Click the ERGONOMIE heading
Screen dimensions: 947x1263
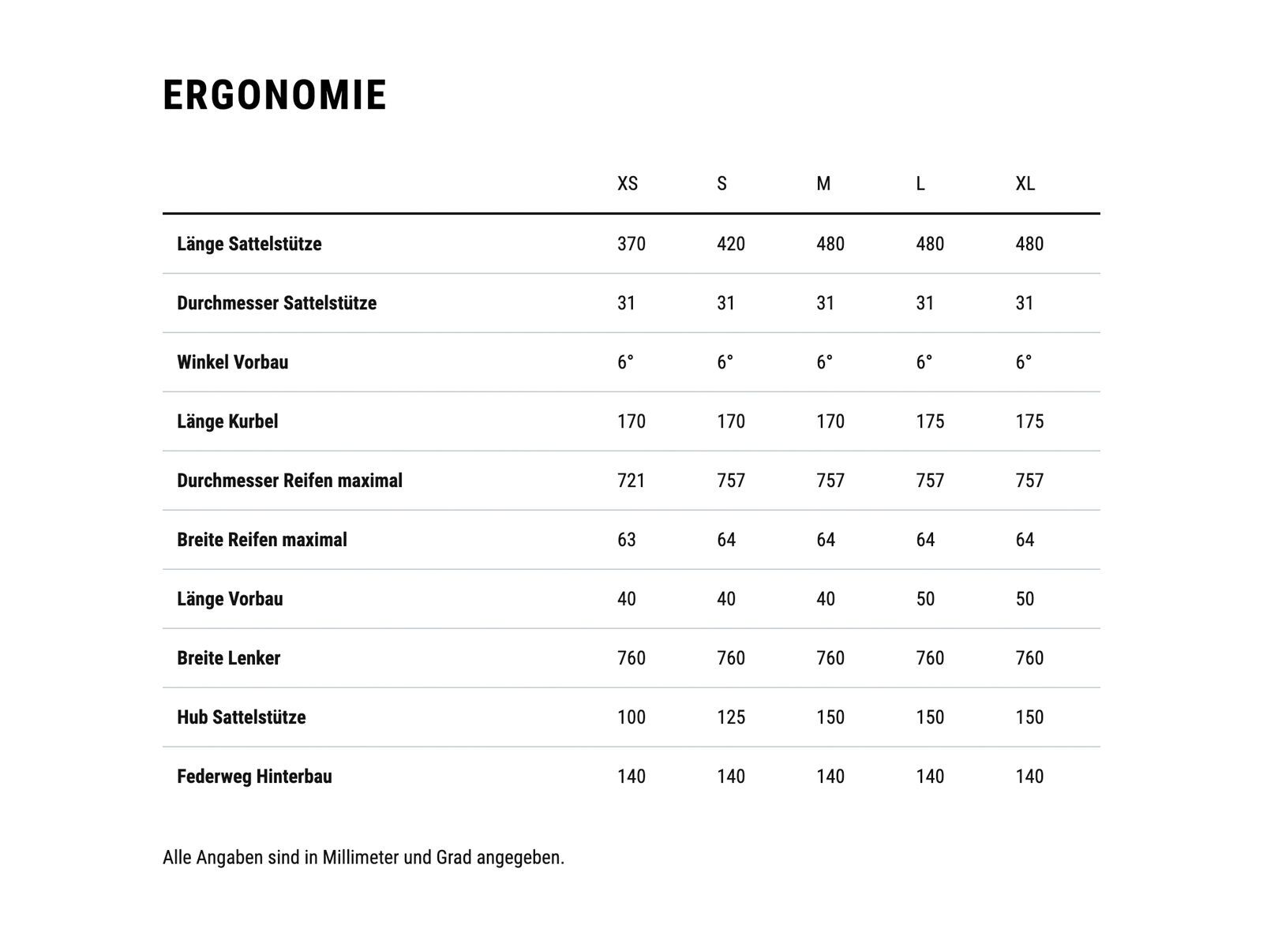click(x=275, y=95)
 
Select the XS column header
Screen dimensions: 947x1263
click(x=628, y=184)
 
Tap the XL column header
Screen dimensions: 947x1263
click(x=1025, y=184)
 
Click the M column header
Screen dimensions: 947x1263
click(x=823, y=184)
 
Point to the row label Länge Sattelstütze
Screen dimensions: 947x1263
click(x=249, y=244)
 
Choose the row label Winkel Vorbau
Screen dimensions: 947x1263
click(x=233, y=362)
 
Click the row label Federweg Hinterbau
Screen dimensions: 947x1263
click(x=254, y=777)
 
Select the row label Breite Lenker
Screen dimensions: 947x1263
click(x=229, y=658)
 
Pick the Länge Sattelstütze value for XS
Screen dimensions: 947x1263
click(x=631, y=244)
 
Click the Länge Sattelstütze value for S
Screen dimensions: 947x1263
click(x=731, y=244)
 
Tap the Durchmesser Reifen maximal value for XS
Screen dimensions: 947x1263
click(x=631, y=481)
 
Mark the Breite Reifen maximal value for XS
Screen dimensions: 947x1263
click(x=627, y=540)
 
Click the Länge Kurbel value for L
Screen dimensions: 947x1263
click(x=930, y=421)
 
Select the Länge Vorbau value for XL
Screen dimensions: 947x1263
click(x=1025, y=599)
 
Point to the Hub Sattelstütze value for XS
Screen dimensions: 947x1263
click(x=631, y=717)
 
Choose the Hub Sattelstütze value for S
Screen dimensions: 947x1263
click(x=731, y=717)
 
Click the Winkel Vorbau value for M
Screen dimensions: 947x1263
click(x=824, y=362)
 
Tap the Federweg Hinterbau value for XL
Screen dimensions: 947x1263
click(x=1029, y=777)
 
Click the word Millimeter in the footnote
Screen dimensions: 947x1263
click(x=361, y=857)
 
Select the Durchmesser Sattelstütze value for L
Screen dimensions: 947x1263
click(x=925, y=303)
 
